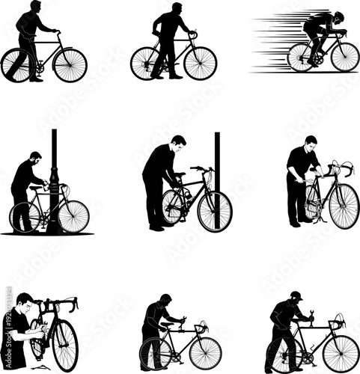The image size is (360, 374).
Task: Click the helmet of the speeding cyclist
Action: pos(339,16)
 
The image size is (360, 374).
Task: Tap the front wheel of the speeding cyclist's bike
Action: pos(344,57)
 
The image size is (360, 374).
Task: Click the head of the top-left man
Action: pos(36,7)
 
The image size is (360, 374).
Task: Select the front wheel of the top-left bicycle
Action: pos(70,65)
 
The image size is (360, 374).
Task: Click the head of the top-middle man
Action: pos(177,8)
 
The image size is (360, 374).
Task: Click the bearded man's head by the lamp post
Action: pos(36,159)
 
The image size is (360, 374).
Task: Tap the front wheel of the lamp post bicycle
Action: pos(73,217)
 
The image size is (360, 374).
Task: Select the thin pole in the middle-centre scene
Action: pos(217,172)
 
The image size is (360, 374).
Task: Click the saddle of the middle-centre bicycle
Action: pos(180,174)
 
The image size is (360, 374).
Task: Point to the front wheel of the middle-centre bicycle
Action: pos(215,211)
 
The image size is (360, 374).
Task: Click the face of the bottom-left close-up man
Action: pos(26,303)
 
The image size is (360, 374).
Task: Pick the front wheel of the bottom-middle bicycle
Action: pos(205,353)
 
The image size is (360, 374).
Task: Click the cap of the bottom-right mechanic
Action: pos(296,295)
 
